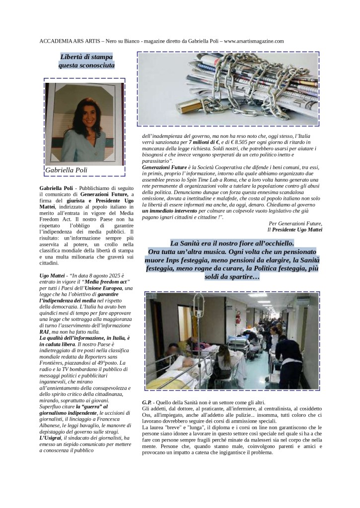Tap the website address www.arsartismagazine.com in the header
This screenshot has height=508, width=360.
point(254,41)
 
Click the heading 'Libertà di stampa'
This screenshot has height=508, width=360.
point(87,56)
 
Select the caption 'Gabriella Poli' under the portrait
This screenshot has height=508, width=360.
point(66,170)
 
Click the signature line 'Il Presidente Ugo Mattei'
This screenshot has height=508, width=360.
point(294,230)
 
